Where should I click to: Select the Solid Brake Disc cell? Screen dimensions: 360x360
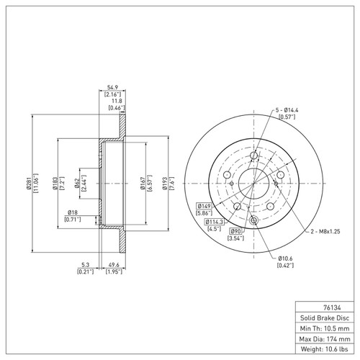(x=323, y=317)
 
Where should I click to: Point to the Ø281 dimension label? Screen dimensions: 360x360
(x=30, y=185)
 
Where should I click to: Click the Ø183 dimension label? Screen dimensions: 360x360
(x=55, y=185)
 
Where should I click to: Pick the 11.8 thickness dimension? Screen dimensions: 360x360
(x=114, y=101)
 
